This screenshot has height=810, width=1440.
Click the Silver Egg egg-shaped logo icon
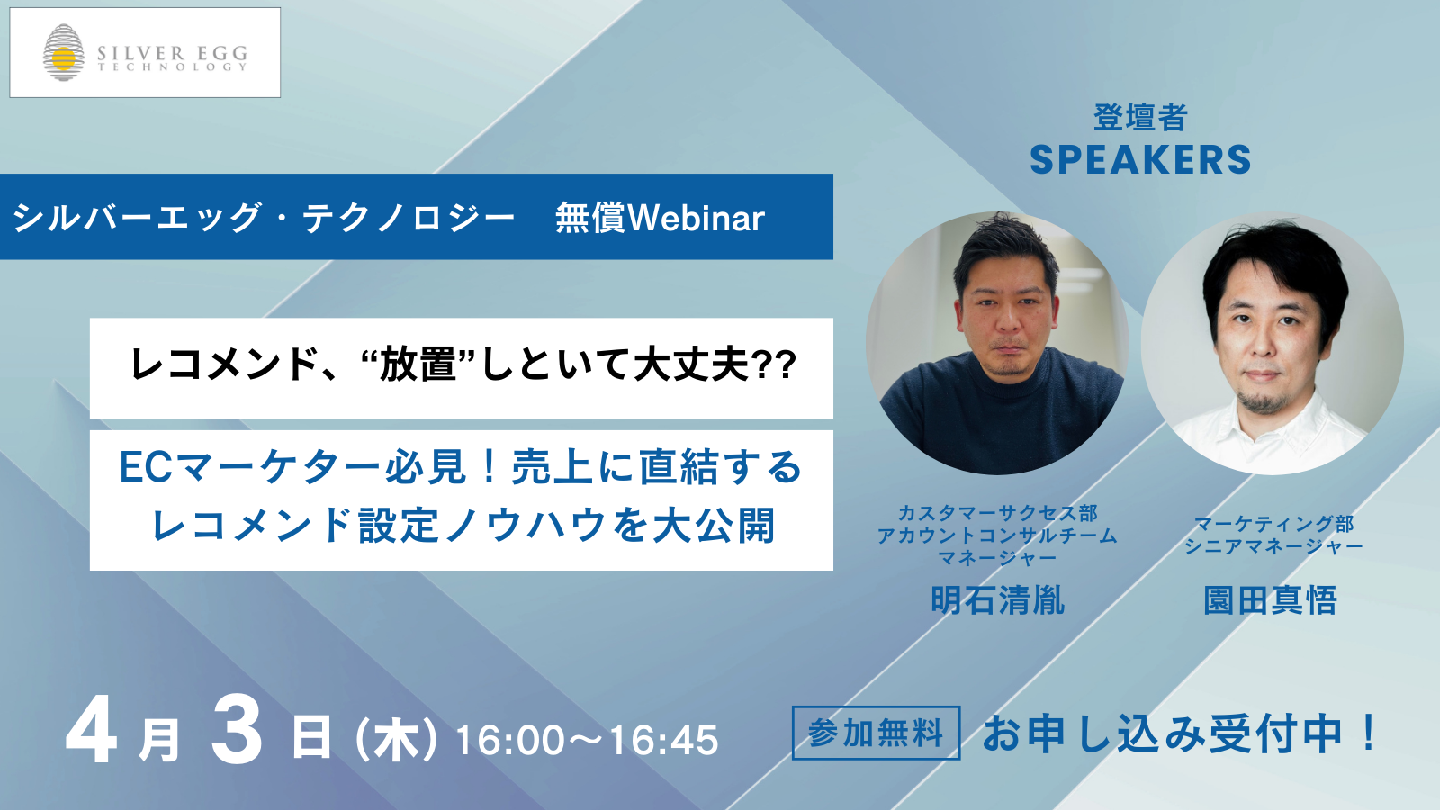[x=64, y=53]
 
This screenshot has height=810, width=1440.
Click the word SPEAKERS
[x=1140, y=160]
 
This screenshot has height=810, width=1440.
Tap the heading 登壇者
[x=1140, y=118]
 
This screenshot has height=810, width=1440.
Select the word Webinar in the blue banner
[x=697, y=218]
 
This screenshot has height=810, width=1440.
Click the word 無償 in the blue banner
[x=590, y=218]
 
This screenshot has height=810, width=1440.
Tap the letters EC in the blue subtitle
[x=146, y=467]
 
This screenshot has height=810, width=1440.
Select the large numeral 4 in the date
[x=91, y=739]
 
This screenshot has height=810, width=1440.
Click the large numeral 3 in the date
[x=237, y=739]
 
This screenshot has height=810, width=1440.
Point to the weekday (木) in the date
[x=396, y=741]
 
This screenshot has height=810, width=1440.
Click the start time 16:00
[x=510, y=741]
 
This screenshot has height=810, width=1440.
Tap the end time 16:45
[x=663, y=741]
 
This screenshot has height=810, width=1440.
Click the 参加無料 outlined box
[x=877, y=733]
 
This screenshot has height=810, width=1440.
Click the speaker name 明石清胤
[x=998, y=600]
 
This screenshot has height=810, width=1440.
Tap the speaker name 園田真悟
[x=1271, y=600]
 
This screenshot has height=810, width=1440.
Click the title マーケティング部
[x=1274, y=524]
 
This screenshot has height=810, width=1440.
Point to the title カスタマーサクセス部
[x=998, y=513]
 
